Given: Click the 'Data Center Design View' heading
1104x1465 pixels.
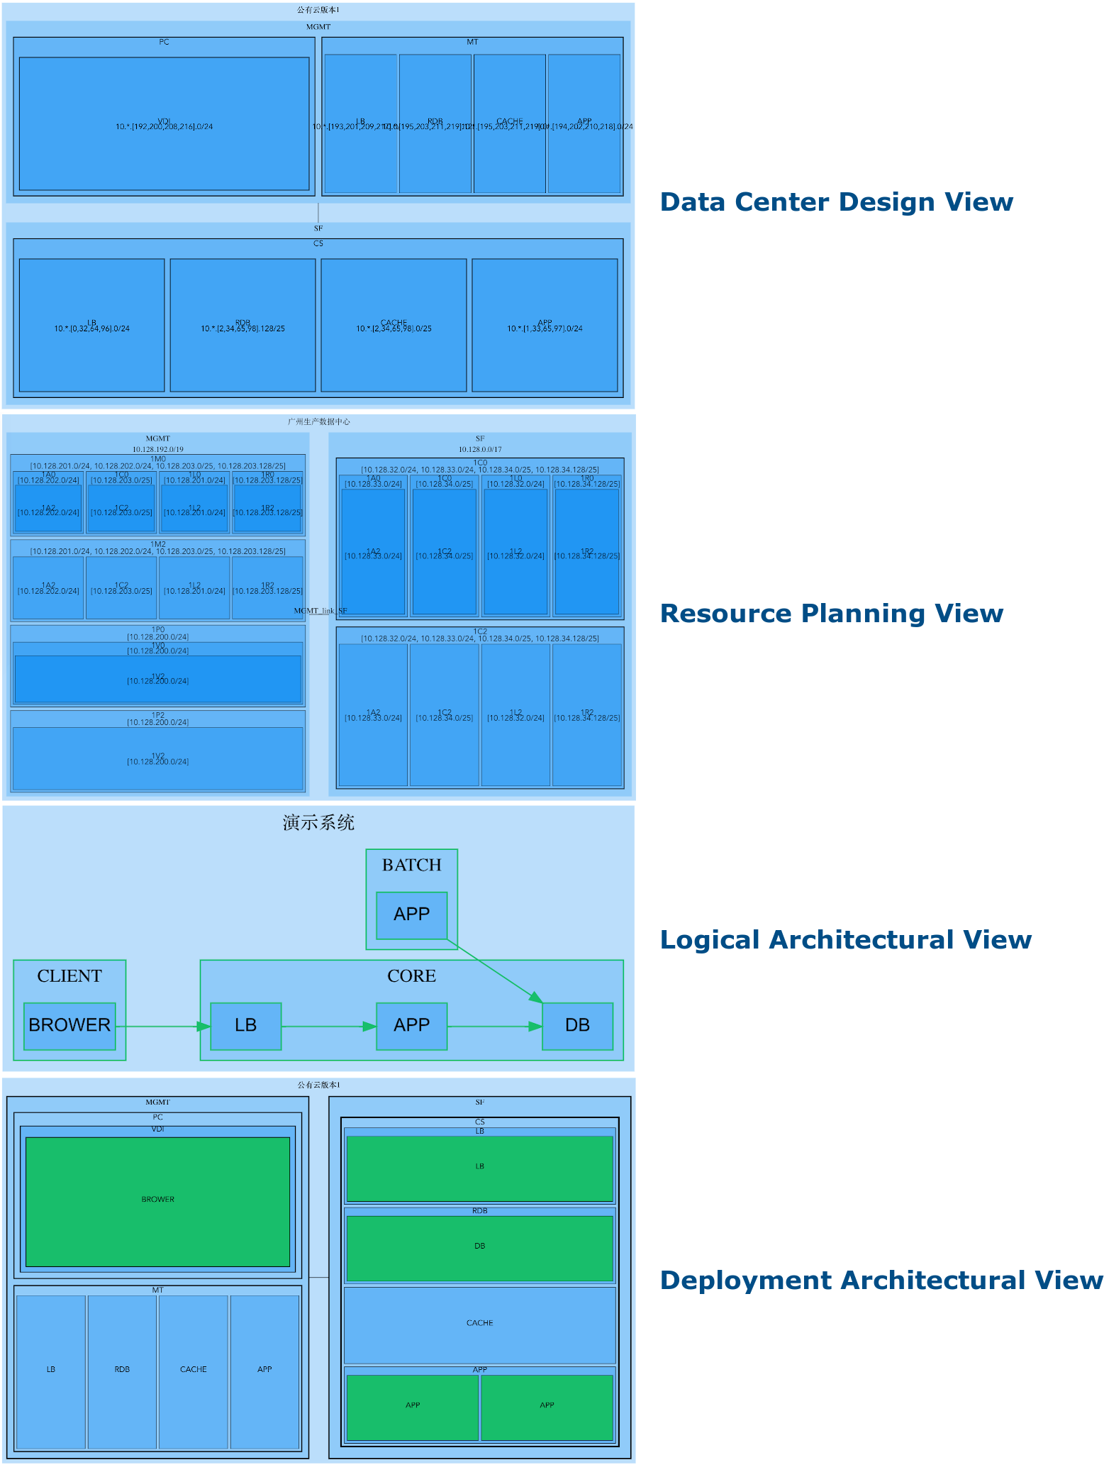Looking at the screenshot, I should (836, 202).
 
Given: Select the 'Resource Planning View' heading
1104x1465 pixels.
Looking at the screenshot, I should (831, 614).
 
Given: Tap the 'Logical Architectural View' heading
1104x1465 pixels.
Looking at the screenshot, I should (845, 940).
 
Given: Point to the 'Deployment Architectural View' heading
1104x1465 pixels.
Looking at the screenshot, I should (881, 1281).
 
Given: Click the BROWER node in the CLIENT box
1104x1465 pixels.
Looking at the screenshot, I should (69, 1025).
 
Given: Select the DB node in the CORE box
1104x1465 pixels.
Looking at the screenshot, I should (577, 1025).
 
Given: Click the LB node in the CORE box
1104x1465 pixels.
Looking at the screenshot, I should (245, 1025).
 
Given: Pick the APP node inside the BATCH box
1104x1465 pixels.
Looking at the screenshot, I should (411, 914).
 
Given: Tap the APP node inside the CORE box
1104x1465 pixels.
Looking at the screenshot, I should (411, 1025).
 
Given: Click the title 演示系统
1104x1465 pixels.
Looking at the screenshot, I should (318, 822).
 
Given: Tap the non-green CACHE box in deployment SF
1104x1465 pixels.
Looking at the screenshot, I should (479, 1324).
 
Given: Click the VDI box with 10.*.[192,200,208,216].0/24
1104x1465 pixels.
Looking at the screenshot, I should (164, 124).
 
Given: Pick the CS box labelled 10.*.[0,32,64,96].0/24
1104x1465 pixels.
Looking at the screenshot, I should (91, 326).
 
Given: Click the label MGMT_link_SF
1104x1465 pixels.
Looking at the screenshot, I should (320, 610).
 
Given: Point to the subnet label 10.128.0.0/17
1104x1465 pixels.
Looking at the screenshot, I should (480, 449).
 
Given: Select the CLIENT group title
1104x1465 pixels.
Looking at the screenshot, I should (69, 976).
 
